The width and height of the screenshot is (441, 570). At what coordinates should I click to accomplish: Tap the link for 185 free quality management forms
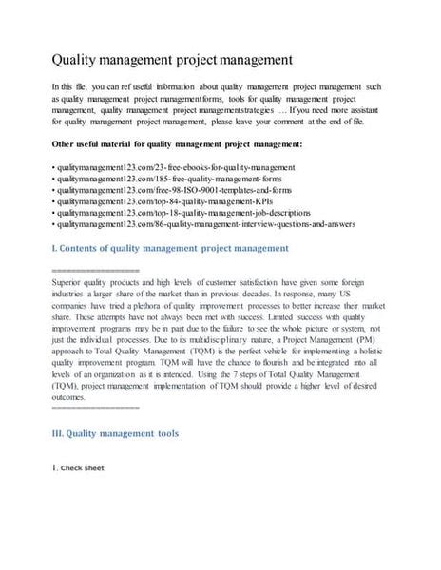coord(170,179)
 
